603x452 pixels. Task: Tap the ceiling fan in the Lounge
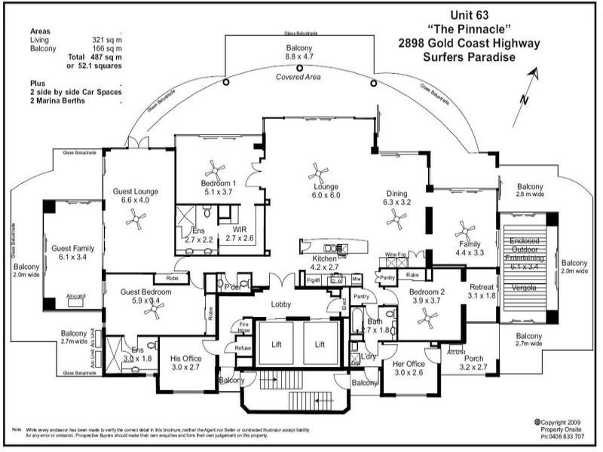[x=323, y=170]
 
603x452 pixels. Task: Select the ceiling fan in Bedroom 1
[x=216, y=169]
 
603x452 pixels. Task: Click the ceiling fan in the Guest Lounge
[x=136, y=219]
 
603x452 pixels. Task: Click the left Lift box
[x=277, y=344]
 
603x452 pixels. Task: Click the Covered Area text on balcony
[x=299, y=78]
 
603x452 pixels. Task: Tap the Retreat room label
[x=482, y=287]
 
